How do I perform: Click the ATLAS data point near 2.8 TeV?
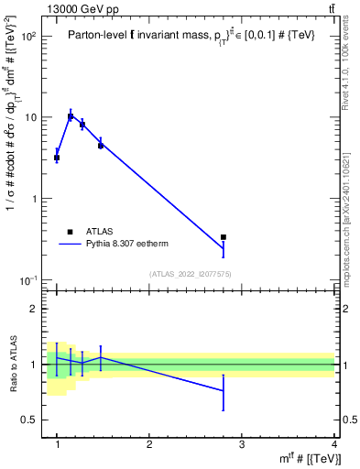click(224, 237)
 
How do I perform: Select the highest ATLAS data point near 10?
click(71, 116)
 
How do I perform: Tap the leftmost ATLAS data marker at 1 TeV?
click(57, 158)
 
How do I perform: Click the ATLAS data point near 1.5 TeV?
click(101, 145)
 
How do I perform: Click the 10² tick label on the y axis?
click(29, 37)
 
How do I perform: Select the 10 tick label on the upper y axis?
click(33, 117)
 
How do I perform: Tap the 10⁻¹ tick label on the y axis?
click(29, 279)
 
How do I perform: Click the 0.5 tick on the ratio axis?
click(29, 420)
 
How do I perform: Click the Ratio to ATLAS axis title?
click(14, 365)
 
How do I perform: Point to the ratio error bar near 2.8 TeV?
click(224, 392)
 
